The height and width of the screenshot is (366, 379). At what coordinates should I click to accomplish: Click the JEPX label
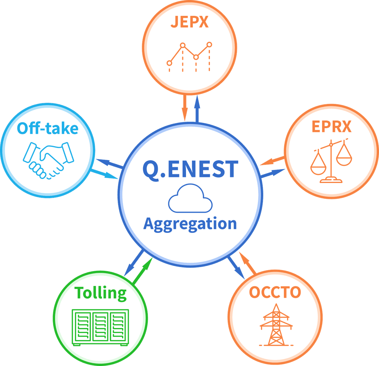point(189,22)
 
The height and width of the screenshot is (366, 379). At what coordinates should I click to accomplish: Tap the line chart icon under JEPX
point(189,56)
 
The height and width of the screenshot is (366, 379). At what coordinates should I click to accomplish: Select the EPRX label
point(331,126)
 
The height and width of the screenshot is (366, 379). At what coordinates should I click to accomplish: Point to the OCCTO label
point(275,292)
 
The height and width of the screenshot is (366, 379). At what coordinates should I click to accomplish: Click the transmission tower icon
point(276,325)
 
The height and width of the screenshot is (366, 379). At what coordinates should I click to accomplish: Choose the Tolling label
point(101,293)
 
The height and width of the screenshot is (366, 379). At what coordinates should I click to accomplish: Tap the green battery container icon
point(100,327)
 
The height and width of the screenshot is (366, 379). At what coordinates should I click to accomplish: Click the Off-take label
point(48,129)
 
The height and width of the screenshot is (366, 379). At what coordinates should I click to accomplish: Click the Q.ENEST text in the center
point(190,169)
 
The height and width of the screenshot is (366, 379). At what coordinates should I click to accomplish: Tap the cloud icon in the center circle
point(190,199)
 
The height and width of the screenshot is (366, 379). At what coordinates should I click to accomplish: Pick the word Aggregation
point(190,224)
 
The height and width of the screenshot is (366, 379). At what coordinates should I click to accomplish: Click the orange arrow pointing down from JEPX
point(184,107)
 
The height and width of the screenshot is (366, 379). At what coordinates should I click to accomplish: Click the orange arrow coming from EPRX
point(272,161)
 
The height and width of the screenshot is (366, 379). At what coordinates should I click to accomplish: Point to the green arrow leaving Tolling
point(143,270)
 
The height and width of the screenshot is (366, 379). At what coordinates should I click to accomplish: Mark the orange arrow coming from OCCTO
point(247,263)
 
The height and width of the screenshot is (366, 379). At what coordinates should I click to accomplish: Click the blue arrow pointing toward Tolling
point(134,263)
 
